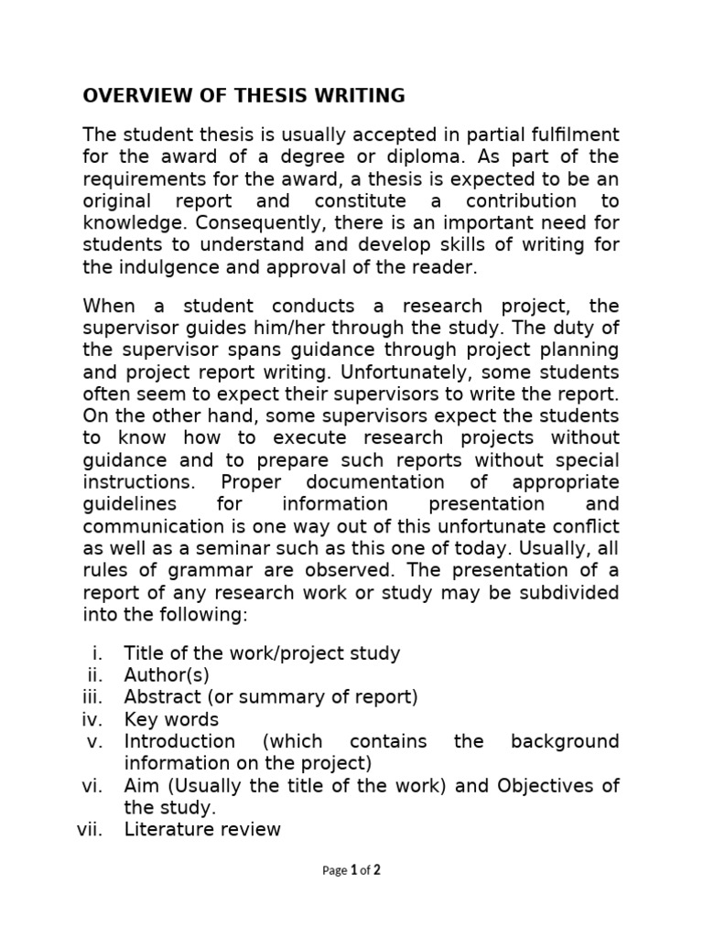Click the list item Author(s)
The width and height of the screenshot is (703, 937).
pyautogui.click(x=168, y=674)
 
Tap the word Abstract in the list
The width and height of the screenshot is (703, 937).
pyautogui.click(x=160, y=696)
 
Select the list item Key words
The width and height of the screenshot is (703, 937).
pyautogui.click(x=171, y=718)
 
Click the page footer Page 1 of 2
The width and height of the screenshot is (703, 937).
pyautogui.click(x=351, y=870)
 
